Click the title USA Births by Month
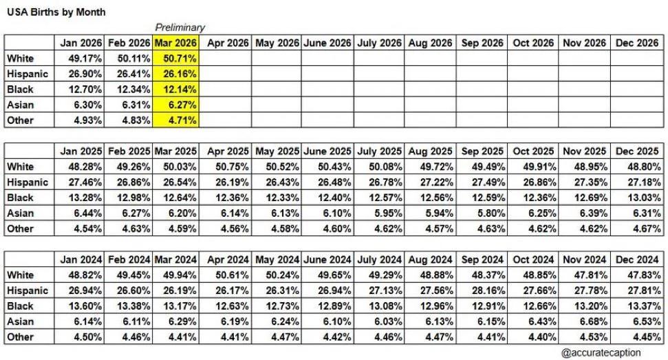[56, 12]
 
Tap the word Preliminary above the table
[180, 28]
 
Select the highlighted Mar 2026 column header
[175, 43]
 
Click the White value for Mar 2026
[175, 58]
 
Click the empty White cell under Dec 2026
[637, 58]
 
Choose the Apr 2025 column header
[228, 151]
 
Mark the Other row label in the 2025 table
[20, 229]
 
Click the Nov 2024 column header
[584, 260]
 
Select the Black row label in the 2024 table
[20, 306]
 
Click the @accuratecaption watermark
[601, 352]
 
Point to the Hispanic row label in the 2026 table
[28, 74]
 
